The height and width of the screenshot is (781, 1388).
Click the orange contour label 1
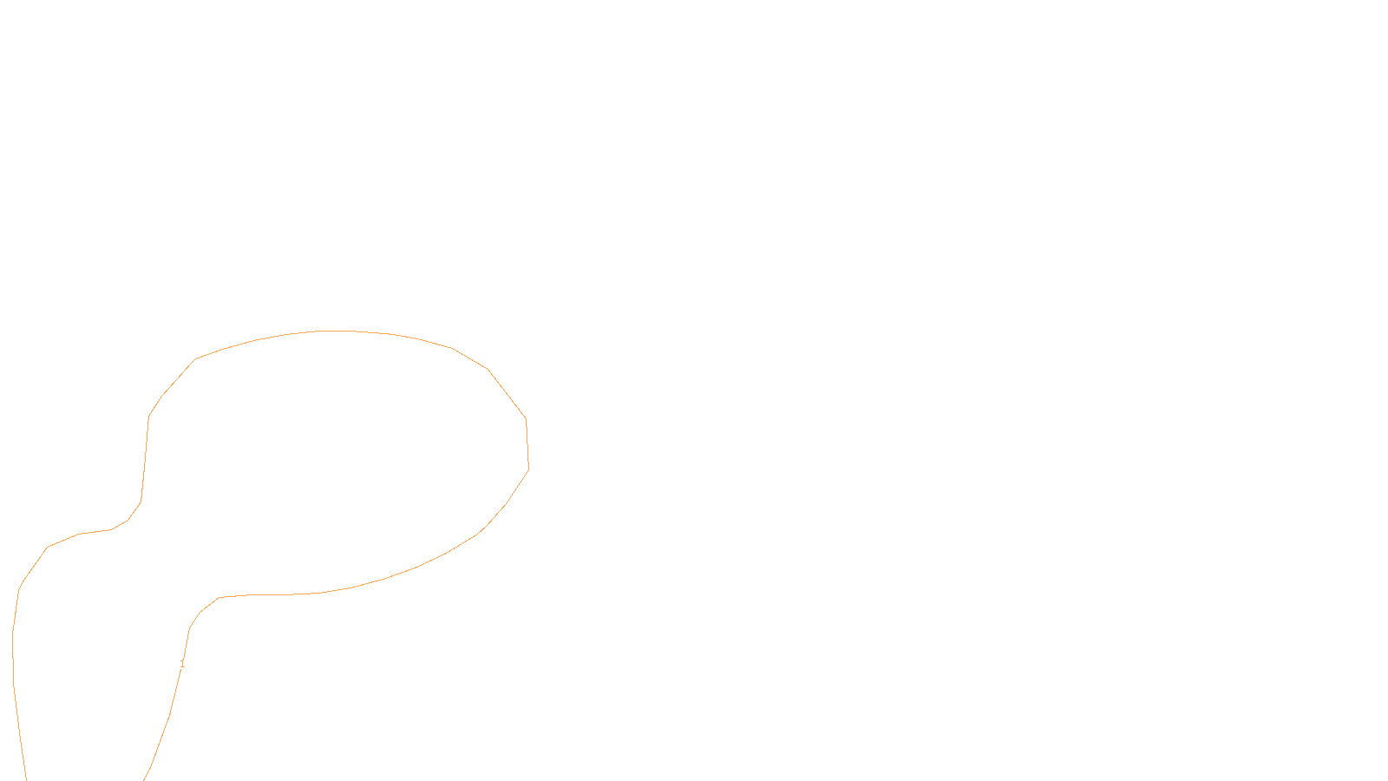[x=182, y=664]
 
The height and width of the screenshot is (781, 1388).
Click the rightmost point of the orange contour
[x=528, y=469]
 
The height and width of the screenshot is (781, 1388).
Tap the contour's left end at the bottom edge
[x=26, y=778]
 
